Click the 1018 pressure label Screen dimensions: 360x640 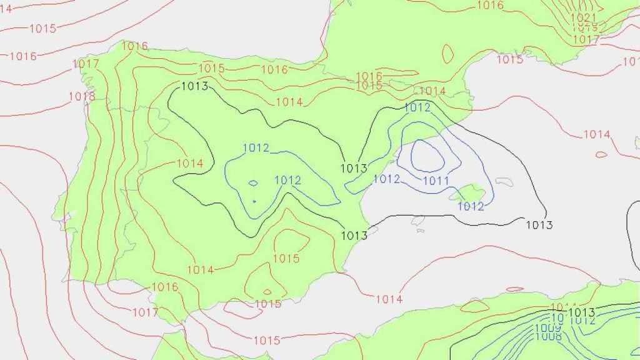[82, 96]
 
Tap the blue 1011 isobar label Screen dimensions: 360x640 [436, 181]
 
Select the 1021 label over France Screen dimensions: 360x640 [584, 17]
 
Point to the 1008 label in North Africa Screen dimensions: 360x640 [548, 336]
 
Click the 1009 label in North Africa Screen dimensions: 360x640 [547, 327]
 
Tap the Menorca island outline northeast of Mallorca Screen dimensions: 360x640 [504, 182]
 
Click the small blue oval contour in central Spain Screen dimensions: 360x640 [253, 183]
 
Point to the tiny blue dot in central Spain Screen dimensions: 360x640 [254, 201]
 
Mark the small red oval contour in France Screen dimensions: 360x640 [447, 53]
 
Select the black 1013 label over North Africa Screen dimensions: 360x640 [582, 312]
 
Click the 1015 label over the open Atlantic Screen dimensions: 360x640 [42, 28]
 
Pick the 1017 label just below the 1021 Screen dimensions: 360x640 [586, 39]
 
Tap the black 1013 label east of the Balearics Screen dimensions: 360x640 [539, 225]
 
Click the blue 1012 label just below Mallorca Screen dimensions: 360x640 [471, 206]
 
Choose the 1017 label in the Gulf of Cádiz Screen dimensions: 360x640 [145, 312]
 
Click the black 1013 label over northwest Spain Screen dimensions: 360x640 [194, 86]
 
